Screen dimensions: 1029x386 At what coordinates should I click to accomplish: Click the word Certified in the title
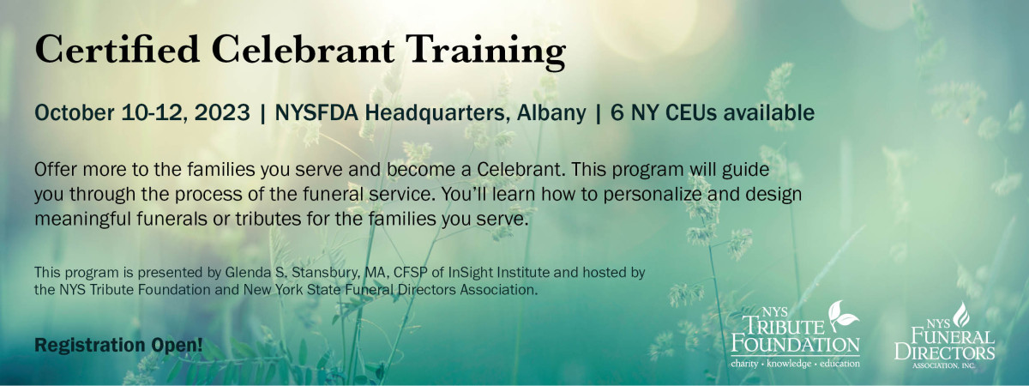point(117,49)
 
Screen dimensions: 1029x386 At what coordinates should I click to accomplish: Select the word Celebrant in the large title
point(303,49)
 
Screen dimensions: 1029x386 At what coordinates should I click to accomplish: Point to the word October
point(75,112)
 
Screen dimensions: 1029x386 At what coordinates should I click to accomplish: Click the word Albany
point(551,113)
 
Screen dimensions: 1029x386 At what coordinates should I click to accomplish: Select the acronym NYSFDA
point(316,112)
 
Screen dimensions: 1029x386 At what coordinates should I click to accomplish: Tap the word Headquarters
point(438,113)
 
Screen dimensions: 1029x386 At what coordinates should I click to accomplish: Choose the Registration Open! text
point(118,345)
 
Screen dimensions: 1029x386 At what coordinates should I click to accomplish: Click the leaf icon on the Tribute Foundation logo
point(842,315)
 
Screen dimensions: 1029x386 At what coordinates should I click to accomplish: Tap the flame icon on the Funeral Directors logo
point(961,315)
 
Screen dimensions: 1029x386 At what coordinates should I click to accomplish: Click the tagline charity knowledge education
point(795,364)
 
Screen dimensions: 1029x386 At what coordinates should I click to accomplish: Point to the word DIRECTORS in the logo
point(944,353)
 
